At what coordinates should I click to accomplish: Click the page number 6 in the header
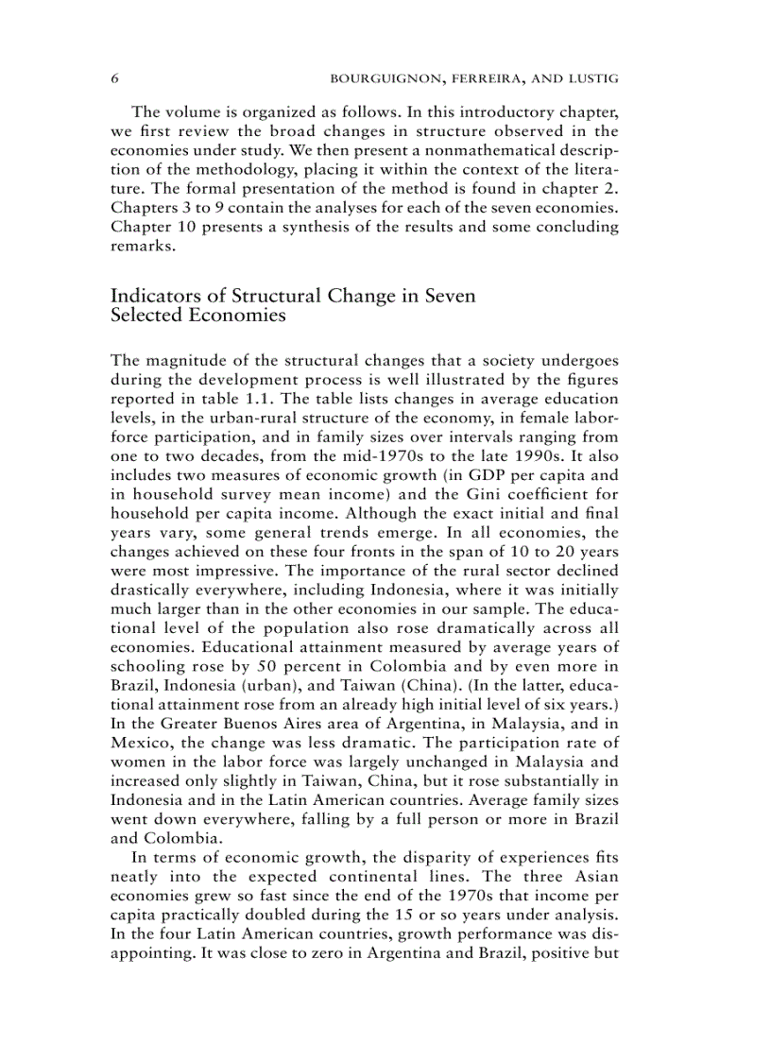pos(114,77)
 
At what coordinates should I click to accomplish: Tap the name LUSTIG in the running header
pos(592,77)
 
